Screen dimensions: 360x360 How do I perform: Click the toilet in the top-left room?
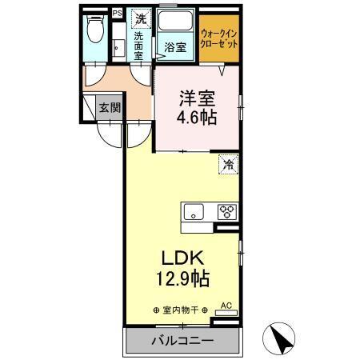coord(94,31)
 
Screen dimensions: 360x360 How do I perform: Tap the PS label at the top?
coord(117,13)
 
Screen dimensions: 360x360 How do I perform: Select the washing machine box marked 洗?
coord(141,17)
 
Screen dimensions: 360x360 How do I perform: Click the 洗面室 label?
coord(139,46)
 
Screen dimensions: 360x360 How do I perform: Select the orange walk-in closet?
coord(218,39)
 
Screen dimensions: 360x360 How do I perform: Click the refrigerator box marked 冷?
coord(228,165)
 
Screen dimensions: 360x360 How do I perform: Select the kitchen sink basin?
coord(194,212)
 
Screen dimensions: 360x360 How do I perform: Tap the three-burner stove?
coord(227,212)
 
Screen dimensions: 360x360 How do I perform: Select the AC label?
coord(226,306)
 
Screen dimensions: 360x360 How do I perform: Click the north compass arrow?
coord(282,339)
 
